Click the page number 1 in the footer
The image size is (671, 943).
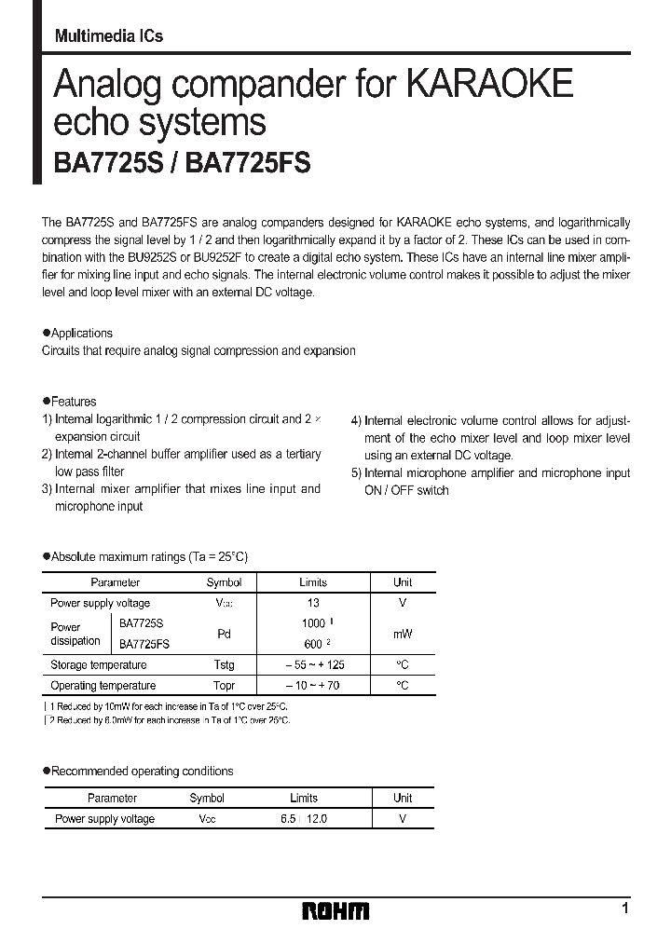(624, 908)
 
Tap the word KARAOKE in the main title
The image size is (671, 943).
(487, 86)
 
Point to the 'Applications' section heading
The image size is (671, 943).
(81, 333)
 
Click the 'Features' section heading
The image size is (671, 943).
(73, 402)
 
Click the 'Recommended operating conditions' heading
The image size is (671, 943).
(142, 772)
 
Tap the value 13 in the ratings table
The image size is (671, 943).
(313, 603)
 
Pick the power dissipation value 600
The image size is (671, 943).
(313, 644)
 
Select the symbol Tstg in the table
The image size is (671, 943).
(224, 665)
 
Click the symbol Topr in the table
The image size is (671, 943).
(224, 686)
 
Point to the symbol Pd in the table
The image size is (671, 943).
(224, 634)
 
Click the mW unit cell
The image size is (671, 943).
(403, 634)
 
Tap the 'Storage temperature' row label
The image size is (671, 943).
(99, 665)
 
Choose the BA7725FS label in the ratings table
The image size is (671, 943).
(144, 644)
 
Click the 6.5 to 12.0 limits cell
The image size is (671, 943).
(304, 819)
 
